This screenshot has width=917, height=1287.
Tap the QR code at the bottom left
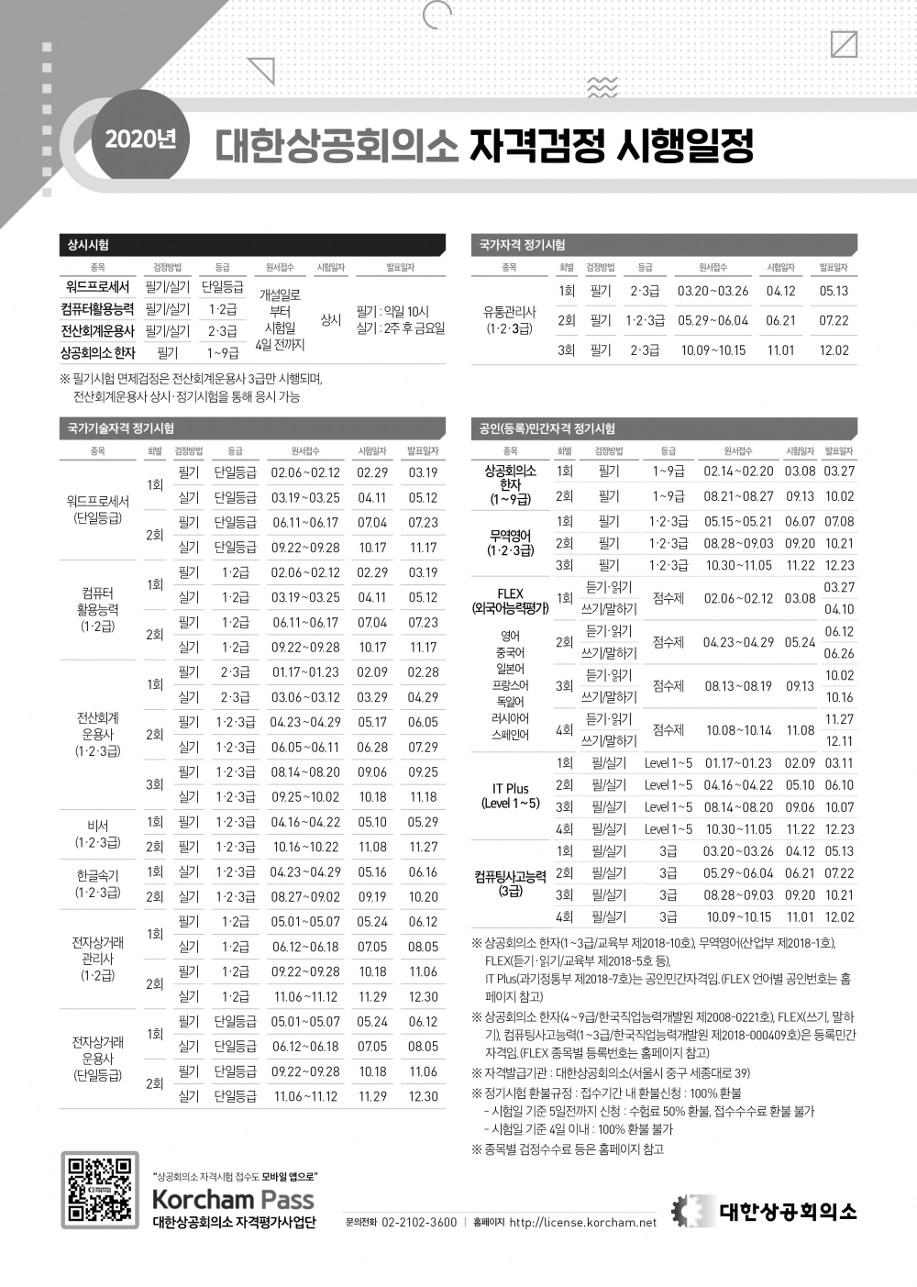click(100, 1190)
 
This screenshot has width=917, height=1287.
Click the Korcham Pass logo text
click(233, 1198)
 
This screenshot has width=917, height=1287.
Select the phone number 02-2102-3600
click(418, 1223)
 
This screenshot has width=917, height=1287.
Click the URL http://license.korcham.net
click(582, 1223)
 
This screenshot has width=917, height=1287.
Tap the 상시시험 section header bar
click(252, 245)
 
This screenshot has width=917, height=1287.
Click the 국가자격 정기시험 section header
click(665, 245)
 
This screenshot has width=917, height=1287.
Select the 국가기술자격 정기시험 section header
click(252, 428)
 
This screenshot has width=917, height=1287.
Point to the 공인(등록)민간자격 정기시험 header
click(665, 428)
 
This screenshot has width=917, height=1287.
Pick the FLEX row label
click(510, 600)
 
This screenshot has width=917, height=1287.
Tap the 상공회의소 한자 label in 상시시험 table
click(97, 352)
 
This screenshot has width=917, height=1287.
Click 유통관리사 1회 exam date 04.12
click(780, 291)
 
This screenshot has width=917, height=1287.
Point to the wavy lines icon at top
click(602, 88)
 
